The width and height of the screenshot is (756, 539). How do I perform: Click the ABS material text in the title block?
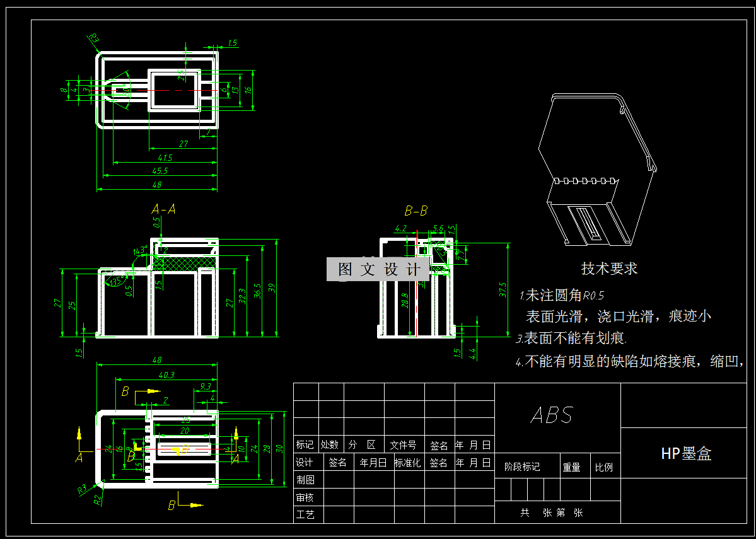click(552, 415)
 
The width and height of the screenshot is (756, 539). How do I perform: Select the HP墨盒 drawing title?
click(686, 453)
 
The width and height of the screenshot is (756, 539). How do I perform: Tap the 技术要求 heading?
click(609, 269)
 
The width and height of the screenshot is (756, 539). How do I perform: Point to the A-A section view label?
click(163, 208)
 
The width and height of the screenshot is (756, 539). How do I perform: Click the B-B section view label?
click(416, 211)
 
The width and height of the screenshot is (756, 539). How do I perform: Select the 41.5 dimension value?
click(166, 157)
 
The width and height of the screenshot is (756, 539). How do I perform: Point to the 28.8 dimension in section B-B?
click(404, 300)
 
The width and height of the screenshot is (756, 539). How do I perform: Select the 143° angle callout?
click(139, 250)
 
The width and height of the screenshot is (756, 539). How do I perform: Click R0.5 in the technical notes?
click(593, 295)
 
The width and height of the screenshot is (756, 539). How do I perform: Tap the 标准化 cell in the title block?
click(407, 463)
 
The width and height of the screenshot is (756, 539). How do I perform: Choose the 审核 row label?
click(305, 497)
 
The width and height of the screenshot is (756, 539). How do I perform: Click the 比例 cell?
click(603, 467)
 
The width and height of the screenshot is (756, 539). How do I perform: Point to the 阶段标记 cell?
click(522, 467)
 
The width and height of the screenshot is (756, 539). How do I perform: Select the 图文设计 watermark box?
click(378, 270)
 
